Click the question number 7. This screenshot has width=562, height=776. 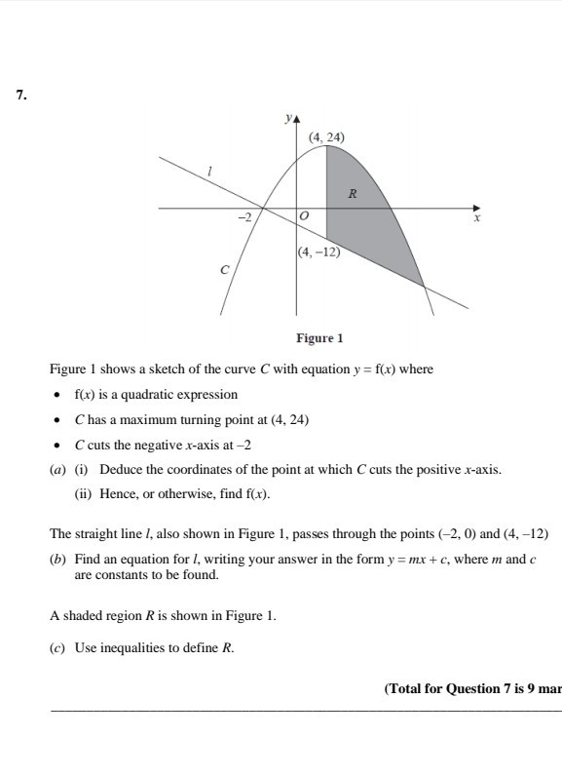click(20, 95)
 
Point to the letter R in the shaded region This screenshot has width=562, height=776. click(353, 193)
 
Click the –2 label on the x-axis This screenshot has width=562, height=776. click(245, 216)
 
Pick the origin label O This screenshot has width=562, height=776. click(304, 215)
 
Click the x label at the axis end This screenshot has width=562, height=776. click(477, 218)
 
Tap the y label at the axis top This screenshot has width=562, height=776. click(288, 119)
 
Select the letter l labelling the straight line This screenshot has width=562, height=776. click(208, 171)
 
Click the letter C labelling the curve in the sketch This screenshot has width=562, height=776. click(224, 269)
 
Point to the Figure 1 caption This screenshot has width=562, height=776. click(319, 339)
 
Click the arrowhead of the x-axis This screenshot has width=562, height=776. click(477, 207)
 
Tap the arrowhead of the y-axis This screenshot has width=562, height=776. click(298, 120)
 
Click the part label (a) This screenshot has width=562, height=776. click(57, 469)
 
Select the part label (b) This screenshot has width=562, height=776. click(57, 561)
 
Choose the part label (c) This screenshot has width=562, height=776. click(57, 646)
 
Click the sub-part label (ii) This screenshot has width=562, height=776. click(84, 494)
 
